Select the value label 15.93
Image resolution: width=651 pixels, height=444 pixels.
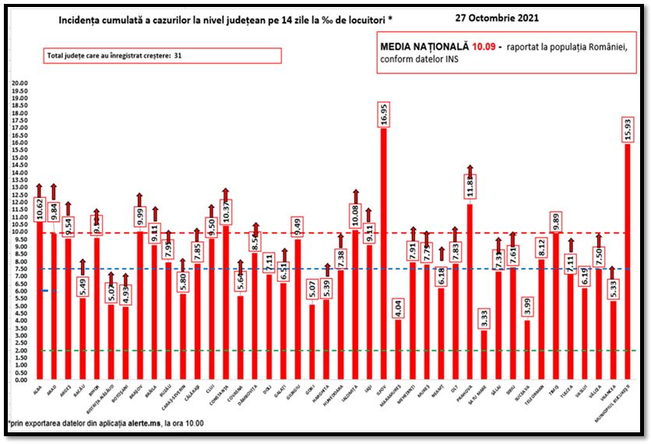[628, 129]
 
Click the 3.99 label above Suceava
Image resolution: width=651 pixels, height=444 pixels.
[528, 309]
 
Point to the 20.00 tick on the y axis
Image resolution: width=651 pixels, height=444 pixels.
[18, 83]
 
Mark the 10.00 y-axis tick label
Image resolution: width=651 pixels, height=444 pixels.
[18, 231]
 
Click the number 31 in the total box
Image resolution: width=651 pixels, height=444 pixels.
[178, 56]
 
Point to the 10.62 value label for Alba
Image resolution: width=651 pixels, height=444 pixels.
[40, 210]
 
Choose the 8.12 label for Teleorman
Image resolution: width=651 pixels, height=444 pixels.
[541, 248]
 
